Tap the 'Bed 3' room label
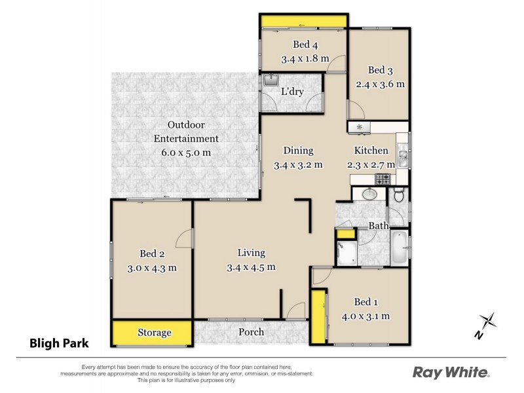point(380,70)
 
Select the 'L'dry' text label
point(292,92)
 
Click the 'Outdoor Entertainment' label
point(185,132)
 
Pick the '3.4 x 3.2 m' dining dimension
point(298,164)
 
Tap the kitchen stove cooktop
point(383,178)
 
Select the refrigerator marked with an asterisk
point(360,127)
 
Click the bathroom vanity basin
point(368,195)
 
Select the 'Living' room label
point(250,253)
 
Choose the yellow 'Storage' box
point(154,333)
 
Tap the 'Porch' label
point(251,332)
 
